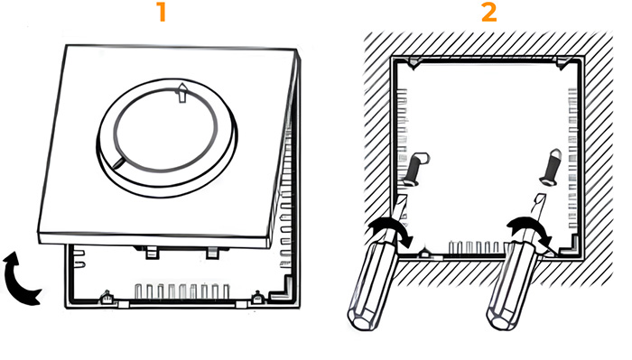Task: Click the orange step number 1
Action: click(x=162, y=12)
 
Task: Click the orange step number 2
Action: click(x=489, y=12)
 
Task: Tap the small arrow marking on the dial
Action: click(x=182, y=93)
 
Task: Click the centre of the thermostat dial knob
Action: click(x=165, y=129)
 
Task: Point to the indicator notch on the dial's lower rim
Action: click(x=119, y=162)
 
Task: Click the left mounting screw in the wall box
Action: click(x=414, y=169)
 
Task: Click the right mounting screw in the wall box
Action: click(x=551, y=167)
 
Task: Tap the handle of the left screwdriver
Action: click(x=367, y=289)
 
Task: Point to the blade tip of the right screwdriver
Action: click(x=541, y=196)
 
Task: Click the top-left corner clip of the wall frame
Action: click(x=414, y=62)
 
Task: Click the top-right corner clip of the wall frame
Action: click(x=563, y=62)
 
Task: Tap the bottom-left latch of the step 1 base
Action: click(x=107, y=297)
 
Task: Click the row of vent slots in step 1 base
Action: click(x=182, y=291)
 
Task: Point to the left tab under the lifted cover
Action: click(x=152, y=253)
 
